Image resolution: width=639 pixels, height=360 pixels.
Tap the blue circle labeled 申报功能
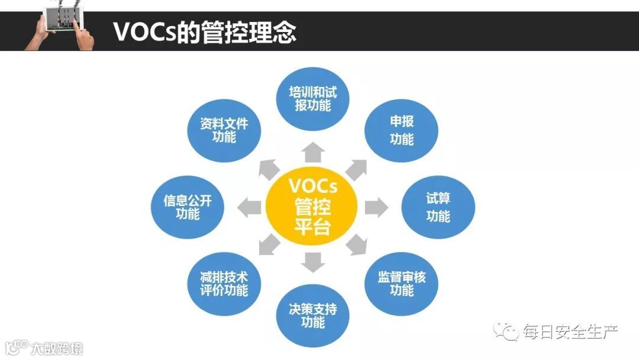coord(402,130)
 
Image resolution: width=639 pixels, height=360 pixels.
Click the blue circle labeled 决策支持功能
coord(313,316)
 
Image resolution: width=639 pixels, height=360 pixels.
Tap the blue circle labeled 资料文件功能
coord(224,130)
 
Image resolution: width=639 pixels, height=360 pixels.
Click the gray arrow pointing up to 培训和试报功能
coord(313,153)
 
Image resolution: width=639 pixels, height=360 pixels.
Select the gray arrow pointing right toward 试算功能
coord(376,208)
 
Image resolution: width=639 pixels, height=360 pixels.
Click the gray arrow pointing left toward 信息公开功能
coord(250,208)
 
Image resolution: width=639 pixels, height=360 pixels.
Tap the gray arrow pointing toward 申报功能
coord(356,169)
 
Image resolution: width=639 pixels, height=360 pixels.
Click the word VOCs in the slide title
coord(140,33)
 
